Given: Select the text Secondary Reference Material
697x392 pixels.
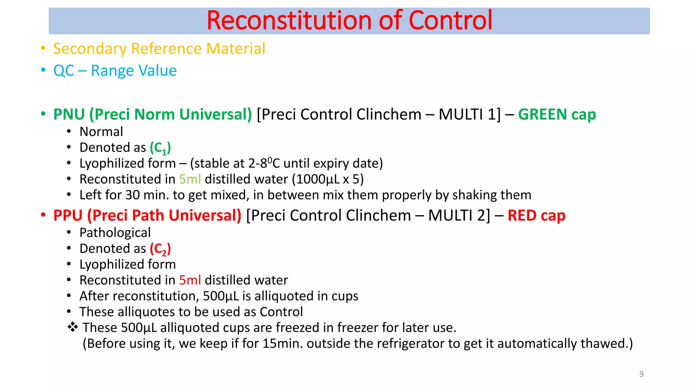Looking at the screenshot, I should (x=159, y=49).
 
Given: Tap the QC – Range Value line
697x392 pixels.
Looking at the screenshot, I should (x=115, y=71).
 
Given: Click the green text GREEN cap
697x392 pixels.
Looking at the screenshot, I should (x=557, y=114).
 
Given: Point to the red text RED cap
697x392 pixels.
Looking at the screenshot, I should (x=536, y=215).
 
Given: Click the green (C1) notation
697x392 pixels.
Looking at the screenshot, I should (x=160, y=148).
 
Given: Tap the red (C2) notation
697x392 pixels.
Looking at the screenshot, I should (x=160, y=249).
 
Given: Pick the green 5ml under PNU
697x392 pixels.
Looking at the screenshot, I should (x=190, y=179).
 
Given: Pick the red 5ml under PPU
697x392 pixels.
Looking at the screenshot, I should (x=190, y=280).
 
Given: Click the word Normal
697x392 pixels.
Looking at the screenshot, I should (x=101, y=132).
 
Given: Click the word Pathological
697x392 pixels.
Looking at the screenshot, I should (x=115, y=233).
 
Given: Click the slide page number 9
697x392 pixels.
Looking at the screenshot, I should (x=641, y=374).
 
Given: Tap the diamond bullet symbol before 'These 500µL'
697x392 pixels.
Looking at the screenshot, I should (x=72, y=327).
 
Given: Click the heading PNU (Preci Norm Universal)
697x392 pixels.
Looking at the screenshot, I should (x=152, y=114).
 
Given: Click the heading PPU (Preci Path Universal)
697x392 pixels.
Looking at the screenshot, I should (x=147, y=215).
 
